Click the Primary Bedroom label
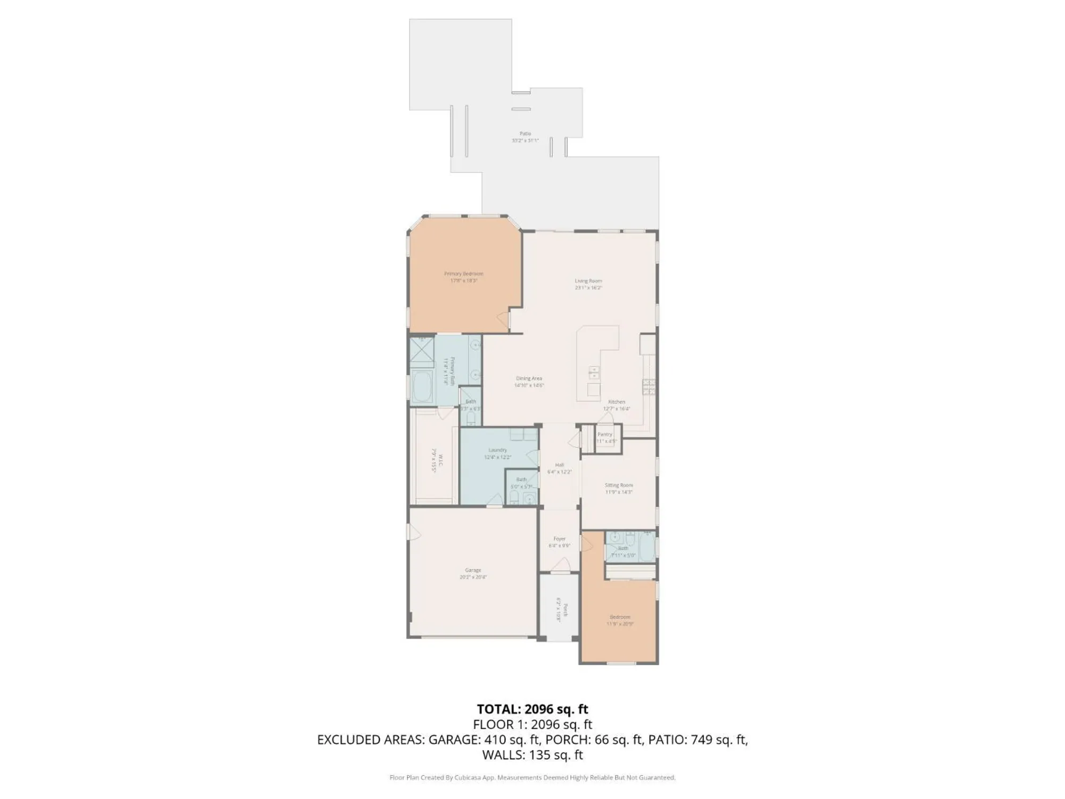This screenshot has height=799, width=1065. coord(463,274)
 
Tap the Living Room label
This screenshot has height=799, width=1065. coord(588,281)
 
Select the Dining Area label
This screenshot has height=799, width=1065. coord(529,379)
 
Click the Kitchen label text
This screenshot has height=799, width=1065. coord(617,402)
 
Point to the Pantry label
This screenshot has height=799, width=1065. coord(605,434)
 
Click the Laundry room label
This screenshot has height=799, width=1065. coord(497,450)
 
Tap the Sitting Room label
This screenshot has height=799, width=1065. coord(618,485)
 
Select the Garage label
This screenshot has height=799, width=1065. coord(473,570)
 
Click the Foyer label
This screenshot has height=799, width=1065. coord(559,539)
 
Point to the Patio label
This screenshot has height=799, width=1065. coord(525,134)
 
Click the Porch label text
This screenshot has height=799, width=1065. coord(566,609)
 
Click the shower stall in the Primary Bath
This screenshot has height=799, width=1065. coord(422,350)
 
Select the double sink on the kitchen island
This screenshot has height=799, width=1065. coord(593,372)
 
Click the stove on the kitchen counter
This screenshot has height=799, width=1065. coord(649,387)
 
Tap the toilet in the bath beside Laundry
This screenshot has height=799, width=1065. coord(514,499)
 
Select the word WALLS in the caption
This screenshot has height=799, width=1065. coord(502,754)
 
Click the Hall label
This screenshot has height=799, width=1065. coord(559,465)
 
